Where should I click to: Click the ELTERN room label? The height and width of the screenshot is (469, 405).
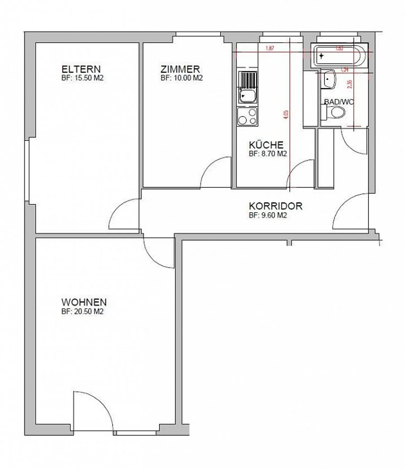tap(81, 69)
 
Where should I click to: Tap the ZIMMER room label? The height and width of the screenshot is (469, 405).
tap(180, 69)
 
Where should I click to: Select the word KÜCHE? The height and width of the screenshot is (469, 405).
tap(266, 145)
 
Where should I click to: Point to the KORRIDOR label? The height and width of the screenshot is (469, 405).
tap(275, 206)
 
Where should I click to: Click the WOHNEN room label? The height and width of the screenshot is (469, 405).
tap(84, 302)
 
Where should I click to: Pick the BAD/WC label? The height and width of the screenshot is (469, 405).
tap(339, 102)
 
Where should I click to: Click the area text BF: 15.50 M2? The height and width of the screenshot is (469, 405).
tap(82, 78)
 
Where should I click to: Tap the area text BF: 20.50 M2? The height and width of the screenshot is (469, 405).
tap(82, 311)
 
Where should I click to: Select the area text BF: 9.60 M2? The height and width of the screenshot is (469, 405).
tap(268, 215)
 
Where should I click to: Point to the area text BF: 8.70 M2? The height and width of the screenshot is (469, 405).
tap(268, 154)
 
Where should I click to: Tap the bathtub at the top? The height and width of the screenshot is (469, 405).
tap(339, 56)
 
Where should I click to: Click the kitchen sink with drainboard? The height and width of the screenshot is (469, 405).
tap(247, 87)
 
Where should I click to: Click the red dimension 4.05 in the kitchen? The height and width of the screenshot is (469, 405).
tap(286, 115)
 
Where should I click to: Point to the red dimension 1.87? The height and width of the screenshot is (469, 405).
tap(269, 48)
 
